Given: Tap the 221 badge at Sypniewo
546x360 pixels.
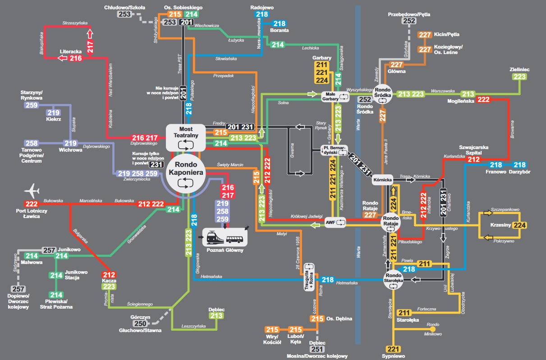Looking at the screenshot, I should (394, 349).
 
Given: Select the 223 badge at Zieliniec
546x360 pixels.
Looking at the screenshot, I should (519, 77).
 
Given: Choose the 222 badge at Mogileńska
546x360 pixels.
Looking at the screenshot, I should (483, 100).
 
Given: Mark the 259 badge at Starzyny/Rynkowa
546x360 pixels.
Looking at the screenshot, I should (32, 105).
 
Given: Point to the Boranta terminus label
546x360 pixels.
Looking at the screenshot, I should (280, 31).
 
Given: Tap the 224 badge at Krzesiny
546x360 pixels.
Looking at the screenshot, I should (520, 224).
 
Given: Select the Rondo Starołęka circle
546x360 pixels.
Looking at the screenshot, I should (393, 278).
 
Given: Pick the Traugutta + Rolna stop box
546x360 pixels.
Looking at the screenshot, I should (310, 276).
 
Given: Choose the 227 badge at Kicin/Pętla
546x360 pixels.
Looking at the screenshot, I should (425, 35).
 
